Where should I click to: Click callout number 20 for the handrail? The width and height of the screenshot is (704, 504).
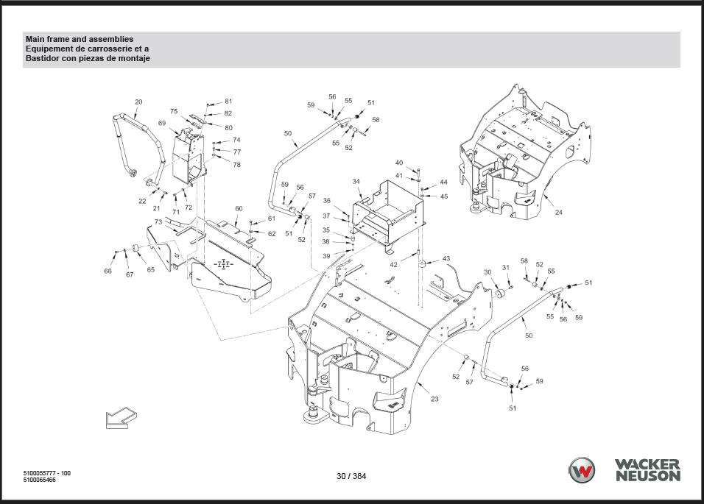(138, 102)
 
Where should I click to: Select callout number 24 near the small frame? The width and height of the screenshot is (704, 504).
(558, 212)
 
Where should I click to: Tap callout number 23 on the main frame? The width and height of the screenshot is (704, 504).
(434, 399)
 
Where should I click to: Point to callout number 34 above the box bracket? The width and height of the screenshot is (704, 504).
(356, 182)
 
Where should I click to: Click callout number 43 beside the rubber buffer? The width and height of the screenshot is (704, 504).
(446, 259)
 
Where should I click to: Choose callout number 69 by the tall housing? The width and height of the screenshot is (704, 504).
(161, 124)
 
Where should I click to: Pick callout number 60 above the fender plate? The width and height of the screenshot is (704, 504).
(239, 208)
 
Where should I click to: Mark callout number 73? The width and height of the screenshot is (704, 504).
(158, 222)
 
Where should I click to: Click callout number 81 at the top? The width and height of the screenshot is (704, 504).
(228, 102)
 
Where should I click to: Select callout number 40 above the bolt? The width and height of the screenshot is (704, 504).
(399, 163)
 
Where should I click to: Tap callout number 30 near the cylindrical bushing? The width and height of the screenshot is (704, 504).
(487, 272)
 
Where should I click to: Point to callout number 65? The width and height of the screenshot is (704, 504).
(151, 269)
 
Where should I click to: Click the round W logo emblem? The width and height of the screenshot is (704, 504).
(582, 471)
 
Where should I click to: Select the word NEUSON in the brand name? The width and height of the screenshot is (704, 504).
(648, 476)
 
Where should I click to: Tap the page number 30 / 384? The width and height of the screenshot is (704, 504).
(351, 476)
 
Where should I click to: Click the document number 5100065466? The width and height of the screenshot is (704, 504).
(40, 480)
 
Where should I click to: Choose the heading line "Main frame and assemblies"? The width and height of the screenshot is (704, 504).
(80, 39)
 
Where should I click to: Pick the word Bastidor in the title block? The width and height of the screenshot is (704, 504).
(41, 58)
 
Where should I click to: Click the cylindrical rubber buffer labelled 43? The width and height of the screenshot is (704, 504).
(422, 263)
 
